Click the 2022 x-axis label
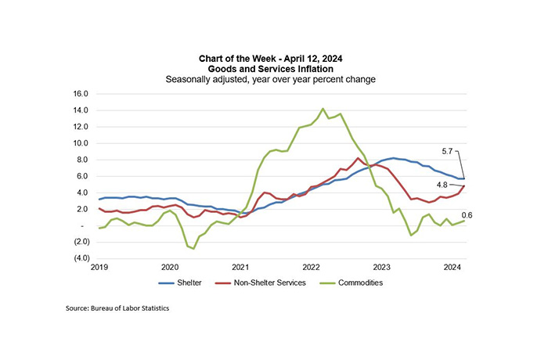point(311,267)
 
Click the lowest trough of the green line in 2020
point(193,249)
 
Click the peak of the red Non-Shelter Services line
point(359,158)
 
